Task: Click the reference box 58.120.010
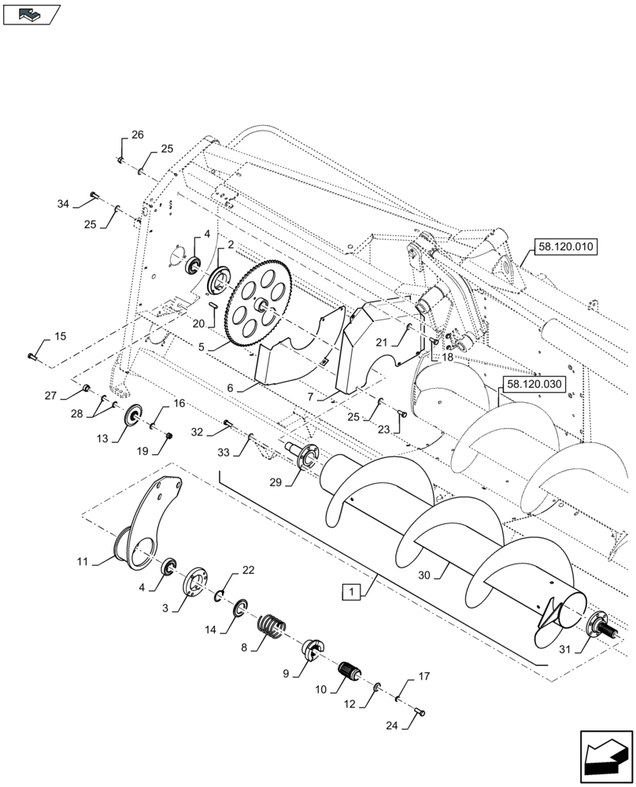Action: click(x=567, y=246)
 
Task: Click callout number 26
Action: click(x=138, y=135)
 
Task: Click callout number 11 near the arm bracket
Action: click(x=83, y=561)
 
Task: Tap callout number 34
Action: click(x=63, y=204)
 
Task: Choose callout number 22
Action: click(x=248, y=569)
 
